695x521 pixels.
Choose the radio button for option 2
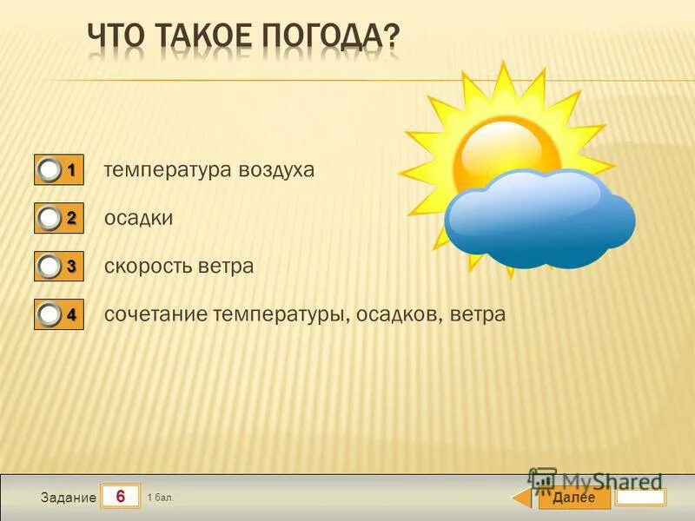(x=50, y=219)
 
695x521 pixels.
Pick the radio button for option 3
(x=50, y=267)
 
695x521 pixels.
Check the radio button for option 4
(x=50, y=316)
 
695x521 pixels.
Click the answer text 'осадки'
(x=138, y=219)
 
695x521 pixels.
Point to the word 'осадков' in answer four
(x=400, y=314)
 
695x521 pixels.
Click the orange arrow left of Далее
(x=520, y=498)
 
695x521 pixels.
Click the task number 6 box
(x=121, y=496)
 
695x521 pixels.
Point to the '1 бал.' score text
(x=161, y=498)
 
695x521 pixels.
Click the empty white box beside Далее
(x=641, y=497)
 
